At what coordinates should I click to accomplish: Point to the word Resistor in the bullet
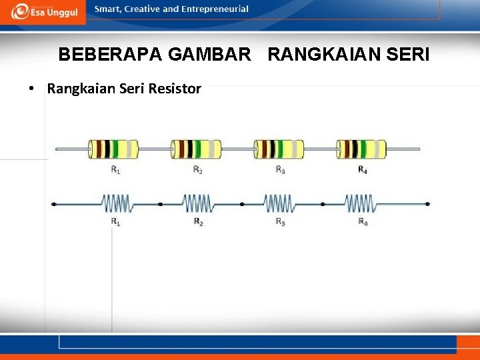pyautogui.click(x=175, y=89)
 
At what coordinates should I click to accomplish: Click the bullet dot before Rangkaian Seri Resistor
pyautogui.click(x=31, y=89)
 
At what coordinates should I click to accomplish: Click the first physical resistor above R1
pyautogui.click(x=113, y=149)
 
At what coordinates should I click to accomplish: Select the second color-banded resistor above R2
pyautogui.click(x=196, y=149)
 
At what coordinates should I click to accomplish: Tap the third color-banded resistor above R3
pyautogui.click(x=279, y=149)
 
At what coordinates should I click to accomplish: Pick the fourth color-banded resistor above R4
pyautogui.click(x=361, y=149)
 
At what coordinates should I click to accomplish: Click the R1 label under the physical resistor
pyautogui.click(x=115, y=170)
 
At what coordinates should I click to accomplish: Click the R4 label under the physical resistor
pyautogui.click(x=362, y=170)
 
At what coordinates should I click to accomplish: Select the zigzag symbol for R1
pyautogui.click(x=116, y=203)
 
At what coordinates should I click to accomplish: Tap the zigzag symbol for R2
pyautogui.click(x=198, y=203)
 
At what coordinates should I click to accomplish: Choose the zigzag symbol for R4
pyautogui.click(x=360, y=203)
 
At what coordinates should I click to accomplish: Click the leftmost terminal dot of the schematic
pyautogui.click(x=54, y=204)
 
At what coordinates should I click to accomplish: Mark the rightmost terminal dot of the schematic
pyautogui.click(x=427, y=204)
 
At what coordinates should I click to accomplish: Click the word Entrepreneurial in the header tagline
pyautogui.click(x=216, y=9)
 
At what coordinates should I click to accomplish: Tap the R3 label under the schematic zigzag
pyautogui.click(x=280, y=221)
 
